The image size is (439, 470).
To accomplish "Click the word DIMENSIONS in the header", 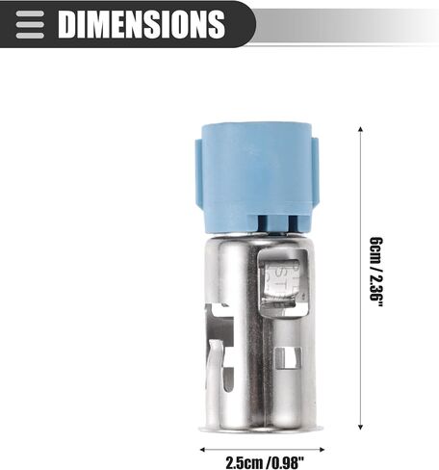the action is (142, 24).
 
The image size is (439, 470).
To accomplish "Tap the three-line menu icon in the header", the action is (30, 25).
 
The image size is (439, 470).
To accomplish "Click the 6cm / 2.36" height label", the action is (376, 272).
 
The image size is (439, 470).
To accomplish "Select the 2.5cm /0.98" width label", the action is (265, 462).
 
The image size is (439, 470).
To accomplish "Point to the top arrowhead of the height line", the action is (360, 129).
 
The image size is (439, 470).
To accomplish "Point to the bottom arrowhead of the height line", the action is (360, 427).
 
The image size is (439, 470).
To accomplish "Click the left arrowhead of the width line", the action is (202, 450).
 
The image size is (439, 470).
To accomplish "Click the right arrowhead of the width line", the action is (322, 450).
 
